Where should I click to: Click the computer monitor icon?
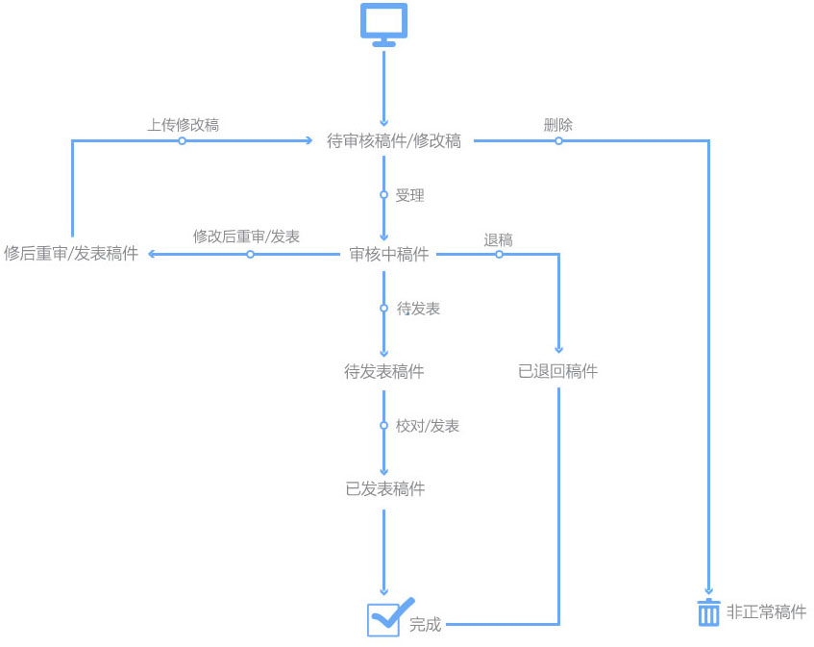coord(383,24)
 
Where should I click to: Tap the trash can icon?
coord(708,612)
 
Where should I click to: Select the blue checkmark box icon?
coord(385,618)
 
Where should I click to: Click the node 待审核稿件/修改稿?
coord(394,141)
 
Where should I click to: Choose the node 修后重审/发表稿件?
coord(71,254)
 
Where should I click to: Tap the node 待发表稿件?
coord(384,371)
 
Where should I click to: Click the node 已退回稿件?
coord(557,371)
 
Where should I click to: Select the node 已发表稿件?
coord(384,488)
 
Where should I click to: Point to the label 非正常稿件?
coord(766,612)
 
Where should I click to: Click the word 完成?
coord(425,624)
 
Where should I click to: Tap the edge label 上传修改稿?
coord(183,125)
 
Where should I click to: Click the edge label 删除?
coord(558,125)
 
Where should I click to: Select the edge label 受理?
coord(409,195)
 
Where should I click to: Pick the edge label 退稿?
coord(498,240)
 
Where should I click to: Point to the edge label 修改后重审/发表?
coord(246,236)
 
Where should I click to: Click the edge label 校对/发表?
coord(428,426)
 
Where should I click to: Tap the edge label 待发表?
coord(419,309)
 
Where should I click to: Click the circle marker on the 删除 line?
coord(558,141)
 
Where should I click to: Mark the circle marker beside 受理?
coord(383,195)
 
